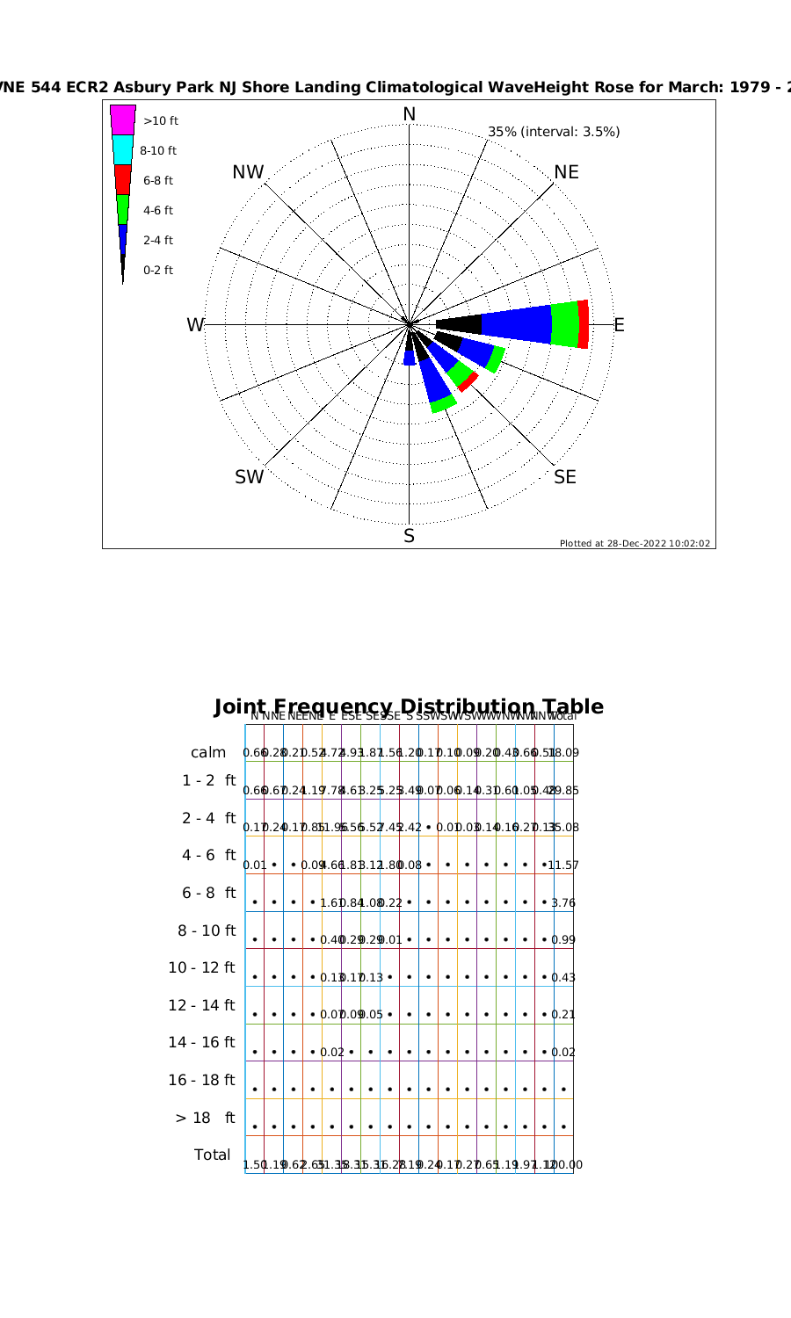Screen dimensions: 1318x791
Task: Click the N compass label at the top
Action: coord(410,114)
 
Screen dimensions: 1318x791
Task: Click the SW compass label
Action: coord(249,477)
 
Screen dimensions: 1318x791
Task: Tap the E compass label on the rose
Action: coord(619,325)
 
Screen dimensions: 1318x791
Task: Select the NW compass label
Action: coord(248,172)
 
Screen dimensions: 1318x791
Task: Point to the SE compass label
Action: coord(565,477)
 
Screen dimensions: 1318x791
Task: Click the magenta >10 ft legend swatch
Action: coord(123,119)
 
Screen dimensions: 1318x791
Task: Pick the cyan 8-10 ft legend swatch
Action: coord(123,149)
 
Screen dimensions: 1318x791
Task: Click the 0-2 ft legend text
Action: coord(158,270)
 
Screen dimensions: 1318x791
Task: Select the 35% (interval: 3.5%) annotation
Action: coord(554,132)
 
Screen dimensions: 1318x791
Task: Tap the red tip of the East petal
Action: coord(584,324)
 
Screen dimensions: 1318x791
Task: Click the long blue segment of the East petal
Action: coord(516,324)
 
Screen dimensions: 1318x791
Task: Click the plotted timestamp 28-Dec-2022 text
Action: coord(635,543)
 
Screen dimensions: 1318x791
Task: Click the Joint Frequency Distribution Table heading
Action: coord(409,706)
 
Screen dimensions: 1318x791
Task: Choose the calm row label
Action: coord(208,753)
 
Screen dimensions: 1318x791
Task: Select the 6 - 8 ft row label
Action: coord(208,893)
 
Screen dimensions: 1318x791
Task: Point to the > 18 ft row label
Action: coord(206,1118)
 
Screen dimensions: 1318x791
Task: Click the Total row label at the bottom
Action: coord(212,1155)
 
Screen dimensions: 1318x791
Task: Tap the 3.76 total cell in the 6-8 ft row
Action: coord(563,903)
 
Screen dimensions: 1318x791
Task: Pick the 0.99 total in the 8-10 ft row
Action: coord(563,940)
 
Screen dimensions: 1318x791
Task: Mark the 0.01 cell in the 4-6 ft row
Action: coord(254,865)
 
